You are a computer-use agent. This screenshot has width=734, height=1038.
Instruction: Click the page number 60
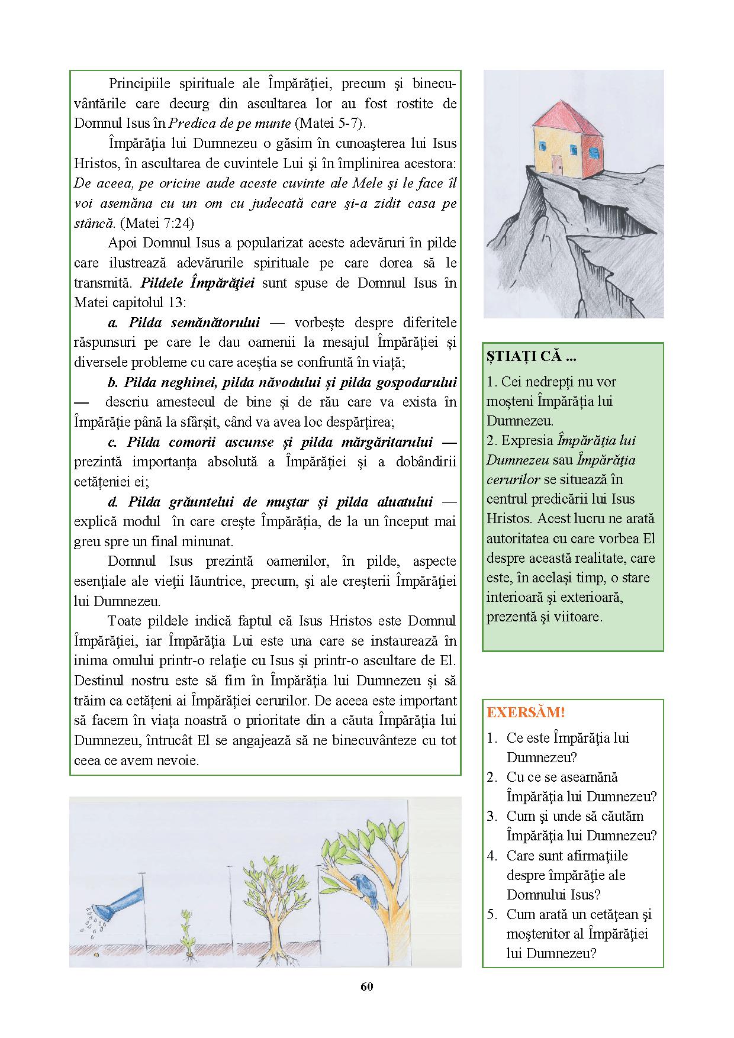(x=367, y=987)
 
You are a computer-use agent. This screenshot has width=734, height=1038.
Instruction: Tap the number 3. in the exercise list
(x=492, y=816)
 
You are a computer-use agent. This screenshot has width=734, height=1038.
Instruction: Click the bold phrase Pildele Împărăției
(x=198, y=283)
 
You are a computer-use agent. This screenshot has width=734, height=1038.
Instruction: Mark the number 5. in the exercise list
(x=492, y=914)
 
